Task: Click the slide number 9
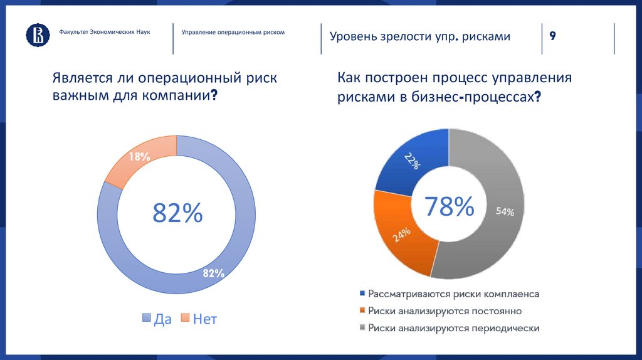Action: click(x=552, y=36)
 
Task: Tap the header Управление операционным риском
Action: click(x=233, y=31)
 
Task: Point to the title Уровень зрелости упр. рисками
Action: click(x=420, y=36)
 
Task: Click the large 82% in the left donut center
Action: click(x=177, y=214)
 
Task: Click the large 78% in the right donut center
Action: click(x=449, y=206)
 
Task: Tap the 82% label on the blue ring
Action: click(x=213, y=273)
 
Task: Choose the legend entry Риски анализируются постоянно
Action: click(x=445, y=310)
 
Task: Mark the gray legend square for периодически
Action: click(x=362, y=327)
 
